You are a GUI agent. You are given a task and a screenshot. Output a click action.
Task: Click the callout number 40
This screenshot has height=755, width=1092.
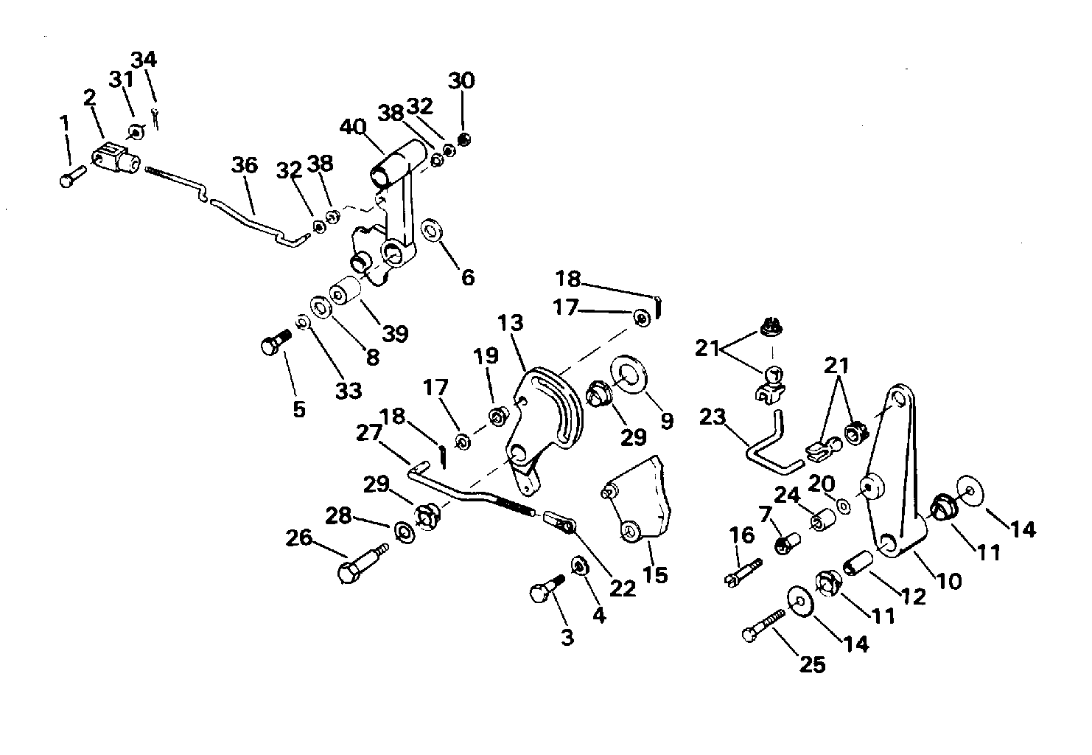pyautogui.click(x=353, y=127)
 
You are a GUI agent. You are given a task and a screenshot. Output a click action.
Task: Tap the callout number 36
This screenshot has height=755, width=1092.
pyautogui.click(x=244, y=165)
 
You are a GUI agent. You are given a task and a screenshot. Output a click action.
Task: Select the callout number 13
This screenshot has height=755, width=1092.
pyautogui.click(x=511, y=323)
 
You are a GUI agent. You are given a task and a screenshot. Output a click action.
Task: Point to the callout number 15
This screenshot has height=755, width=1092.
pyautogui.click(x=655, y=575)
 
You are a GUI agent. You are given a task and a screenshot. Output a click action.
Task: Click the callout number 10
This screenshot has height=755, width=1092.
pyautogui.click(x=948, y=581)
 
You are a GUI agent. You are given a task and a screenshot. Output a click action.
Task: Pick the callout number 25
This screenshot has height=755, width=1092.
pyautogui.click(x=813, y=664)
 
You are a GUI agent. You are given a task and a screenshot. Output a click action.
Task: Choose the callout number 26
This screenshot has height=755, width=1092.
pyautogui.click(x=299, y=538)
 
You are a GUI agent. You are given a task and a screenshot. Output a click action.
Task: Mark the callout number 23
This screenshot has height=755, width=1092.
pyautogui.click(x=713, y=417)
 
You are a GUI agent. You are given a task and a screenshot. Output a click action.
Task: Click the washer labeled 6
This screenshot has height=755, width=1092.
pyautogui.click(x=431, y=230)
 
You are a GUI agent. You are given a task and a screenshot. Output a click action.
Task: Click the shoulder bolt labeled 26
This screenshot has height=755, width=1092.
pyautogui.click(x=364, y=564)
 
